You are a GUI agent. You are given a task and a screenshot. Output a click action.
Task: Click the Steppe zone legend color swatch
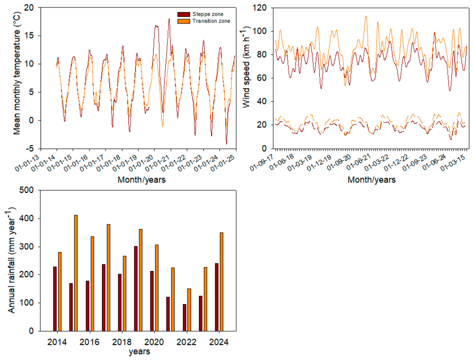pos(183,14)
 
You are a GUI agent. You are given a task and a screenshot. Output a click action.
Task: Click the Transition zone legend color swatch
pos(183,21)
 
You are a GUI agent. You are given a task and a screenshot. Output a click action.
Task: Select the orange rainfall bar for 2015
pos(76,273)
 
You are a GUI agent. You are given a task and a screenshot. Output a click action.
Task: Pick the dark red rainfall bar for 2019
pos(136,289)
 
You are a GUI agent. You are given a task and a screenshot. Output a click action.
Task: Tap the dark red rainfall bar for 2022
pos(184,318)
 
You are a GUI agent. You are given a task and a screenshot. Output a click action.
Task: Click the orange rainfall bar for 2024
pos(222,282)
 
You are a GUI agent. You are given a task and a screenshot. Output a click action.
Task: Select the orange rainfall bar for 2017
pos(108,278)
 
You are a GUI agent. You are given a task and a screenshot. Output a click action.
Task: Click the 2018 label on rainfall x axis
pos(122,342)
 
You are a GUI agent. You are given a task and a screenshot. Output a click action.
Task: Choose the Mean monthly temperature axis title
pos(17,73)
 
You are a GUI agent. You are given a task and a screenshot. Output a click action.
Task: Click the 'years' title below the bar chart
pos(139,352)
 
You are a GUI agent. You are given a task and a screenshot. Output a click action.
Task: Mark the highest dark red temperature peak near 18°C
pos(169,19)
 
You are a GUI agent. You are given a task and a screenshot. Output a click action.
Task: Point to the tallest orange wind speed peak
pos(366,16)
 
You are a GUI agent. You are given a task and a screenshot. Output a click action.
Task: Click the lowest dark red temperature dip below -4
pos(226,144)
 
